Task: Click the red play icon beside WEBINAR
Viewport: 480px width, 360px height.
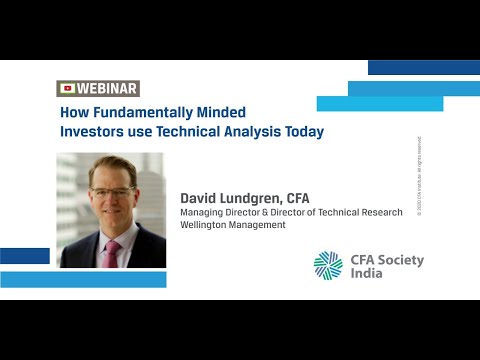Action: coord(67,88)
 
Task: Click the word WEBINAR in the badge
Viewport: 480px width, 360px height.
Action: coord(106,88)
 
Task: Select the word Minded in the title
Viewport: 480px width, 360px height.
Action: coord(221,112)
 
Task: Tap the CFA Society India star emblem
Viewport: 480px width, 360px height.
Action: coord(328,265)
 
